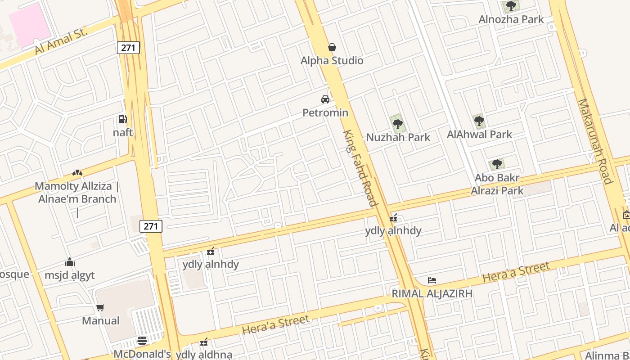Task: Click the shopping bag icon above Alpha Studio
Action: (332, 47)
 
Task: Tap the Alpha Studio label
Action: (332, 61)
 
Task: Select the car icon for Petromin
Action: (325, 99)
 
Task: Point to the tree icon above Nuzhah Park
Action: (397, 124)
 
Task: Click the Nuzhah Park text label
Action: (398, 137)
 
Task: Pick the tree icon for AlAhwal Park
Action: (479, 121)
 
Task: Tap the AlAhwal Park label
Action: (479, 134)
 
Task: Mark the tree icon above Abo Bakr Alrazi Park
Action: (497, 164)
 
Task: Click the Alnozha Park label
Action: (511, 19)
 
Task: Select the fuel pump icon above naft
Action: (122, 119)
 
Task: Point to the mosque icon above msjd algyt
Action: (70, 262)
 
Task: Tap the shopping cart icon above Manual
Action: (100, 308)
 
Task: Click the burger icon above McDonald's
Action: (142, 341)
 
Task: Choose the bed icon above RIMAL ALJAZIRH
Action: (432, 280)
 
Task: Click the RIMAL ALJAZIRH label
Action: (432, 294)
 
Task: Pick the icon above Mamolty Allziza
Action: (77, 173)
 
